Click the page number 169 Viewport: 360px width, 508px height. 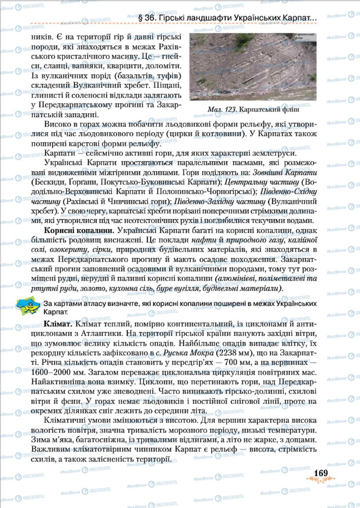pos(320,473)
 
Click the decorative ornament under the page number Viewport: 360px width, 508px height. pos(320,481)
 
